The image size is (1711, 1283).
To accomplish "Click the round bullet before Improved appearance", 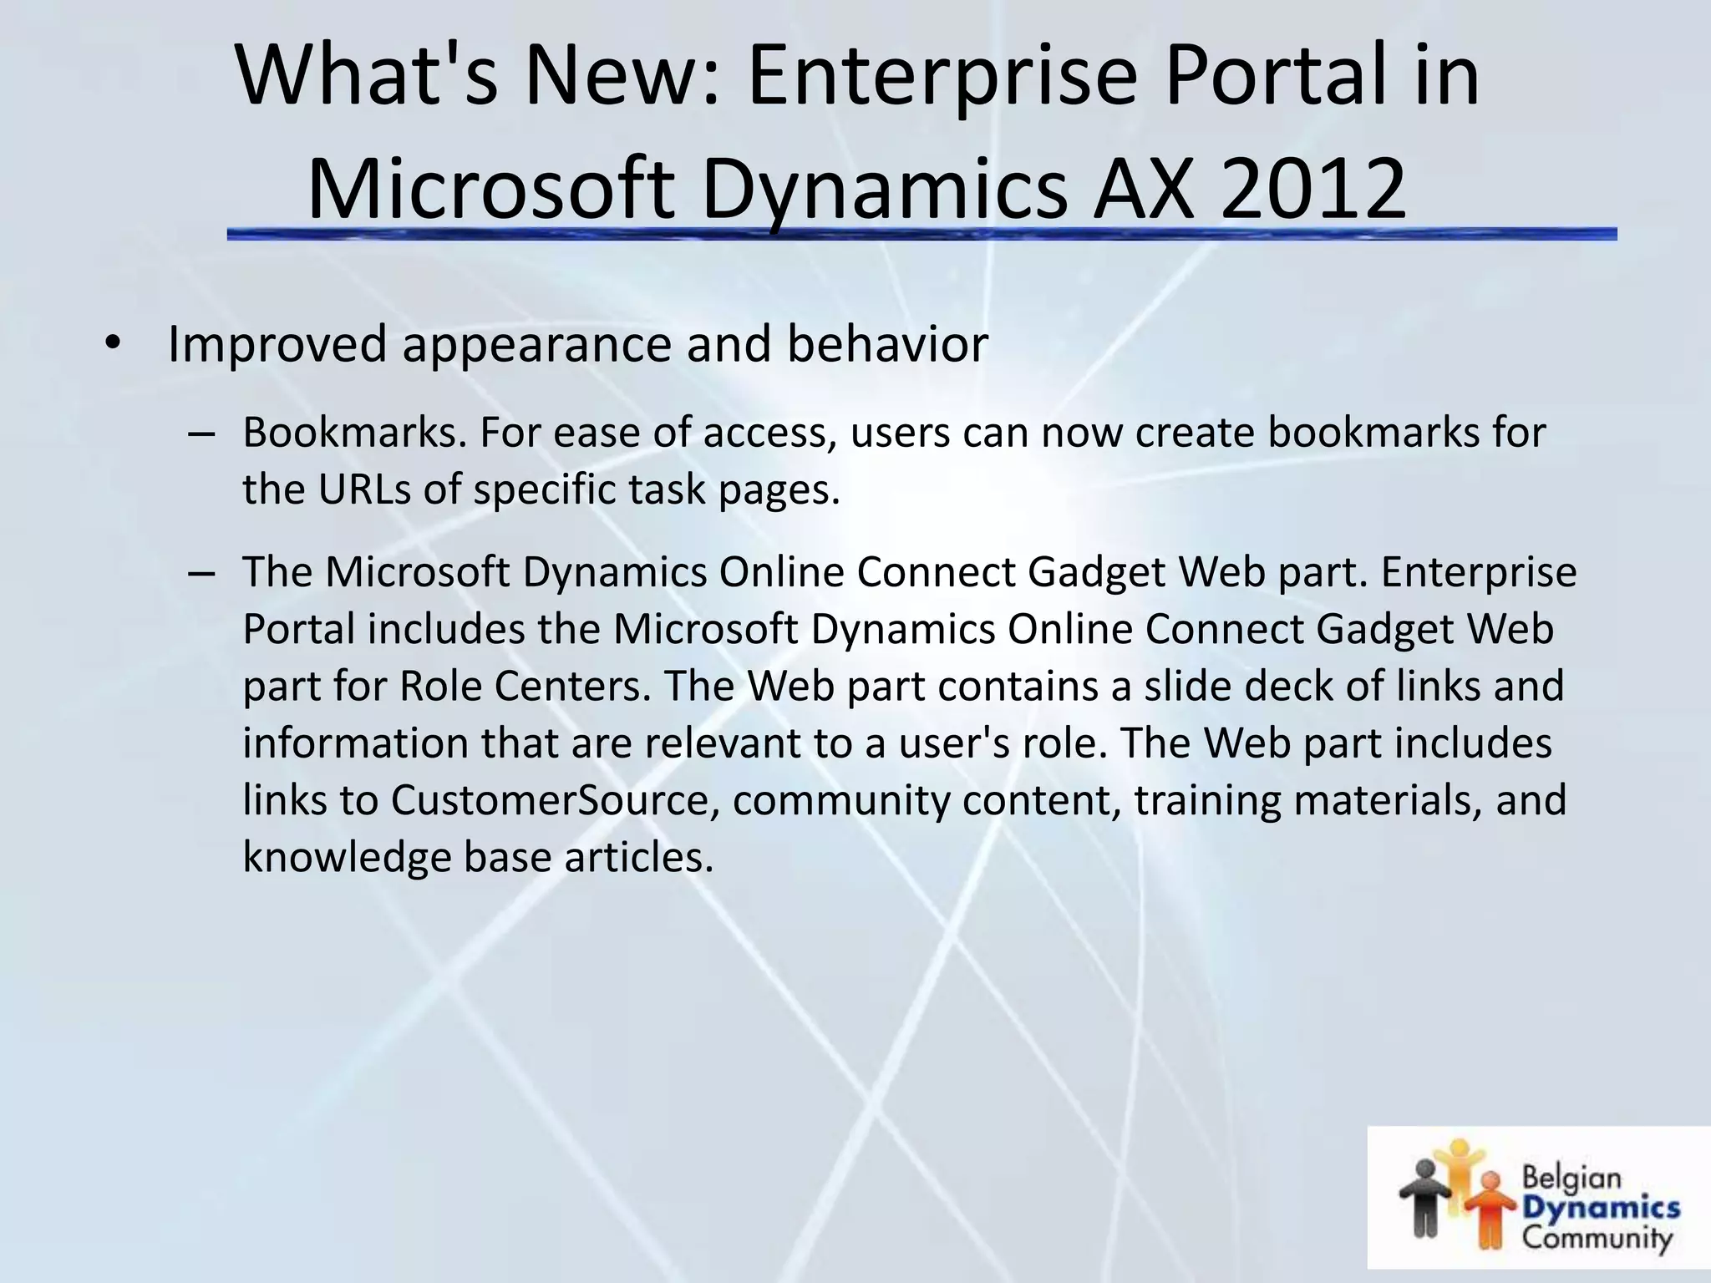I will tap(114, 345).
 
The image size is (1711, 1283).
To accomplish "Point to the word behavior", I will tap(887, 343).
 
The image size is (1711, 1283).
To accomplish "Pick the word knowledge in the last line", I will tap(347, 857).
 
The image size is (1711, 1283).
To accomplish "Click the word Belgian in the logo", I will tap(1571, 1179).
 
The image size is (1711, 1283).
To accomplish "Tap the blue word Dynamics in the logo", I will tap(1601, 1208).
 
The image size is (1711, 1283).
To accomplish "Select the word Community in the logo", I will tap(1597, 1237).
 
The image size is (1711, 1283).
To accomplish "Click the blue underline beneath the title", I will tap(919, 235).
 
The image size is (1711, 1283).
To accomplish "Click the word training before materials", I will tap(1206, 800).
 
